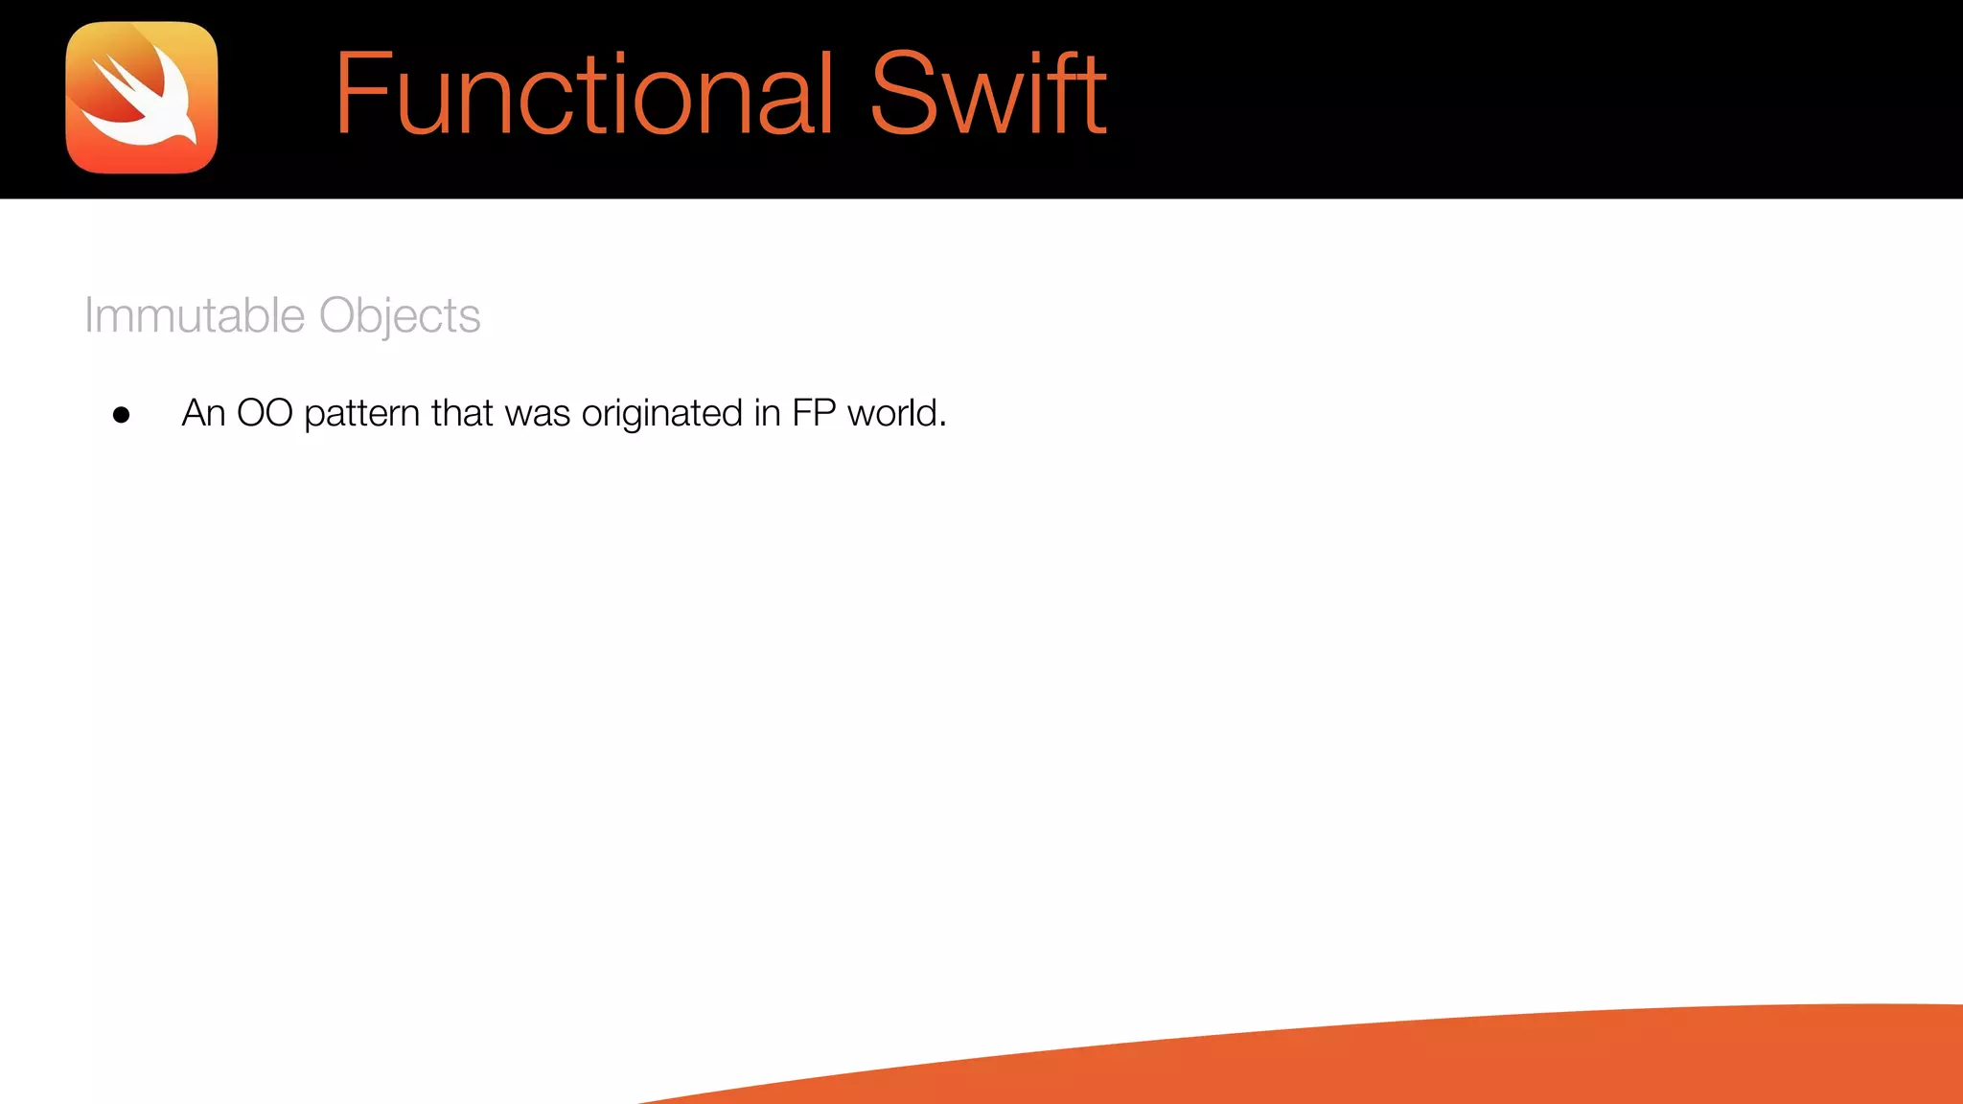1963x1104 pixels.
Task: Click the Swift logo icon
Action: [142, 98]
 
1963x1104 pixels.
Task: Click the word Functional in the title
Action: [584, 94]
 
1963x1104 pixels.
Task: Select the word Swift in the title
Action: [988, 94]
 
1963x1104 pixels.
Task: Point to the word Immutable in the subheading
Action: [195, 315]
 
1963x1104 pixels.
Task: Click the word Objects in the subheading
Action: [400, 315]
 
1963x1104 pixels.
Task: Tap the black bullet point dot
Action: [121, 415]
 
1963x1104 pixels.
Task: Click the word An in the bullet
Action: [203, 413]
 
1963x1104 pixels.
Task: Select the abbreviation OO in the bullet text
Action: [265, 413]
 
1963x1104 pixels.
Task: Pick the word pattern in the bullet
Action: [362, 414]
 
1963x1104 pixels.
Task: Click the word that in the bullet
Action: [462, 413]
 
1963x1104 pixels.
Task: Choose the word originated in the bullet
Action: [662, 414]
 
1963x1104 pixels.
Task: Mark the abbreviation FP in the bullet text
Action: [814, 413]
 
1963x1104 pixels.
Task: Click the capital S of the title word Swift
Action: [901, 94]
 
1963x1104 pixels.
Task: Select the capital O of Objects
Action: [337, 315]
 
